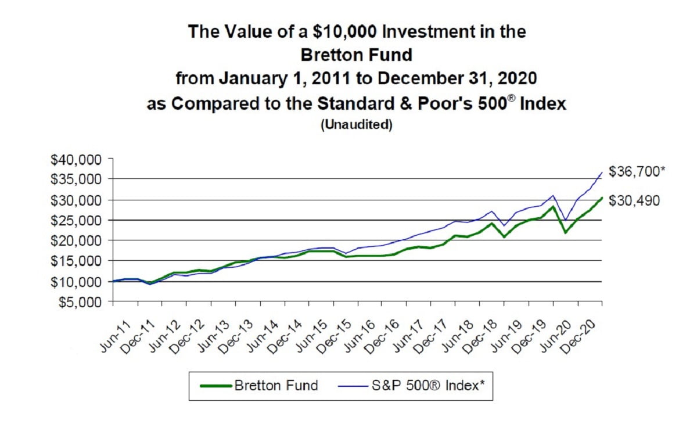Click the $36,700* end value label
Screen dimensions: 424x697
click(637, 171)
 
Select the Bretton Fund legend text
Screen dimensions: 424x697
click(276, 385)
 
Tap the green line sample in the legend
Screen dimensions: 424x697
click(214, 385)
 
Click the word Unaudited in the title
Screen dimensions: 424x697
click(357, 125)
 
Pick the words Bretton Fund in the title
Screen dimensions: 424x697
click(357, 55)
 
